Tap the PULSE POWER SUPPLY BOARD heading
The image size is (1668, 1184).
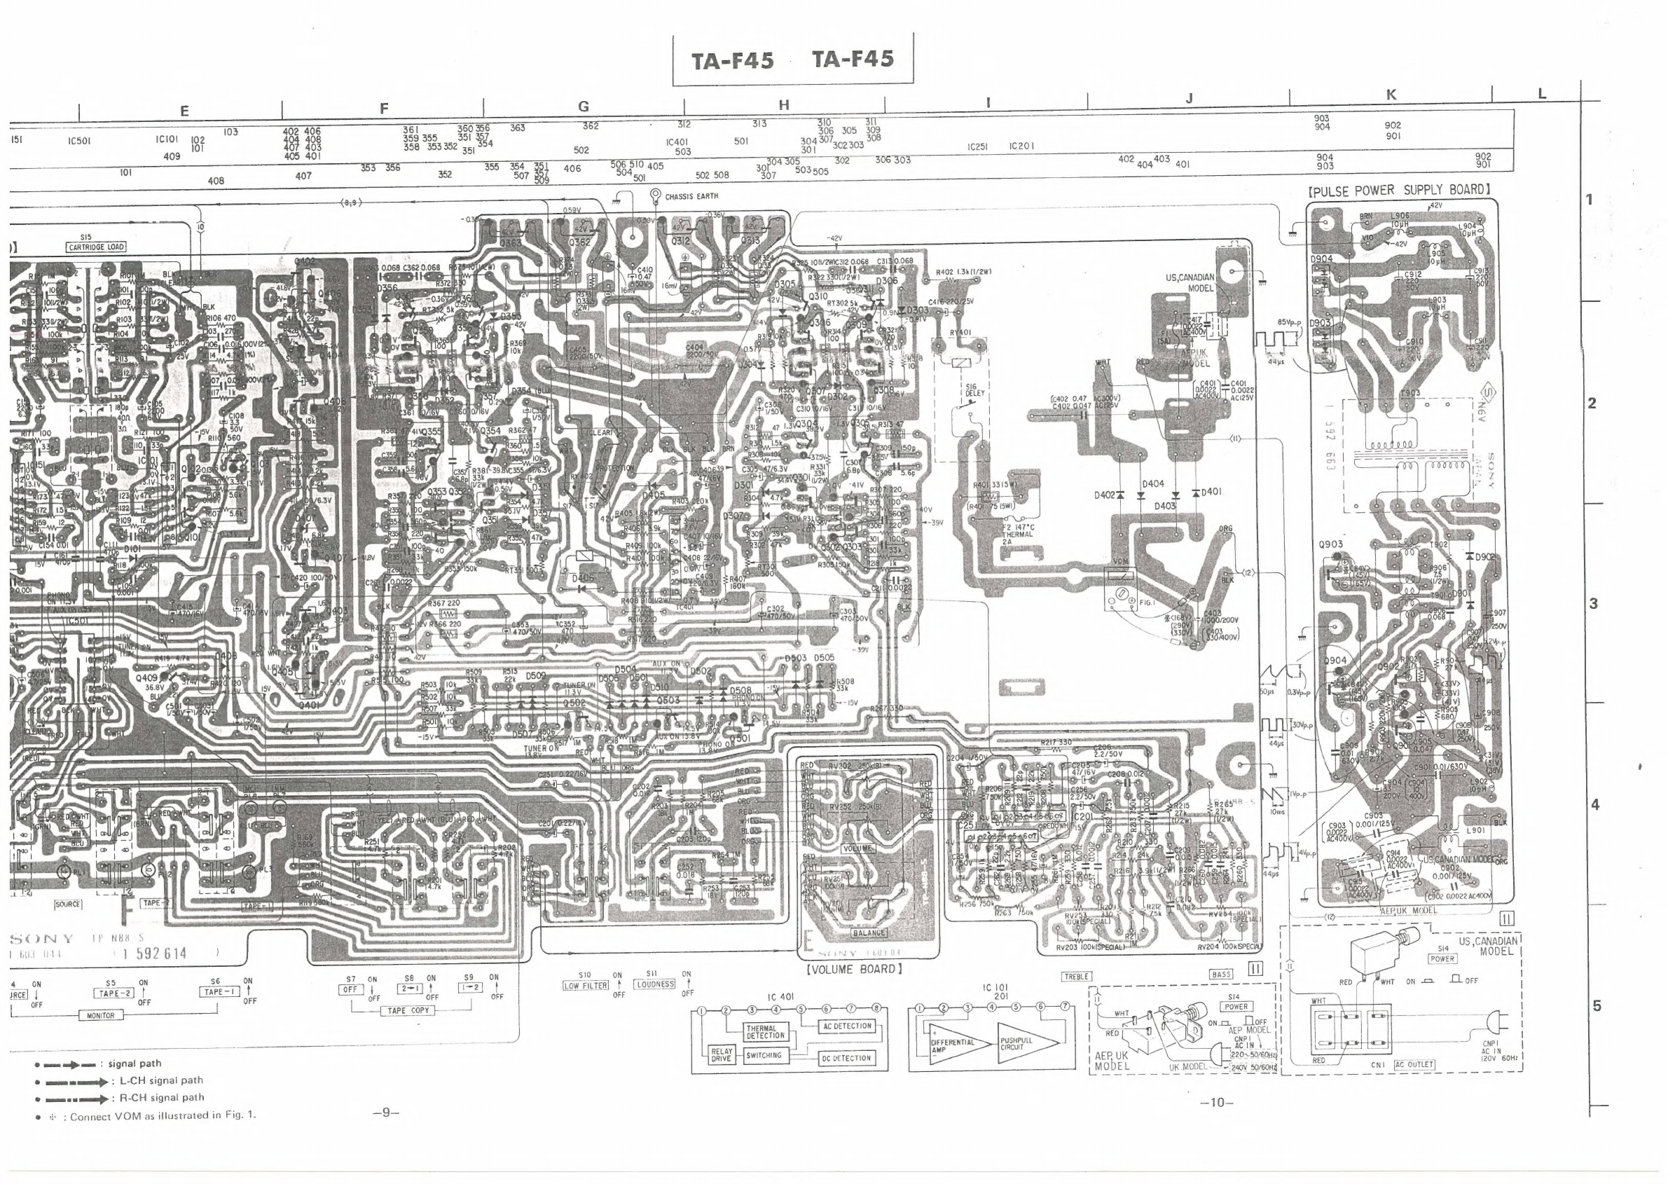click(x=1399, y=191)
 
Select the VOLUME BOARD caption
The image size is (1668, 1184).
click(x=855, y=969)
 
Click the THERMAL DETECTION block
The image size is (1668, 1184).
click(x=766, y=1032)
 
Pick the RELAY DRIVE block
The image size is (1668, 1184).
click(x=720, y=1055)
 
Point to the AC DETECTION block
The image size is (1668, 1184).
click(x=846, y=1026)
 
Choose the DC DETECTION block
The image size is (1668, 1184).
click(x=846, y=1058)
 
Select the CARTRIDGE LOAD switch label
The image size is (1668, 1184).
click(x=96, y=247)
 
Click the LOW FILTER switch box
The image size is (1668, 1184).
click(x=586, y=986)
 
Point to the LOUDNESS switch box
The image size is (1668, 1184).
click(x=654, y=984)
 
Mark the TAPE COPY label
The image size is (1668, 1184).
click(x=408, y=1010)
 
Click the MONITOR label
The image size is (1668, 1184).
click(x=101, y=1016)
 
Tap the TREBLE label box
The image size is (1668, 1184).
click(x=1076, y=977)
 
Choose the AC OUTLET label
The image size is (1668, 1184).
click(x=1414, y=1064)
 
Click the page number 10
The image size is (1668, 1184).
click(x=1217, y=1103)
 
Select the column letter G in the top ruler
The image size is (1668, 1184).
click(x=584, y=106)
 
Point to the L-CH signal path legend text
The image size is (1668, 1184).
click(x=161, y=1080)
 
